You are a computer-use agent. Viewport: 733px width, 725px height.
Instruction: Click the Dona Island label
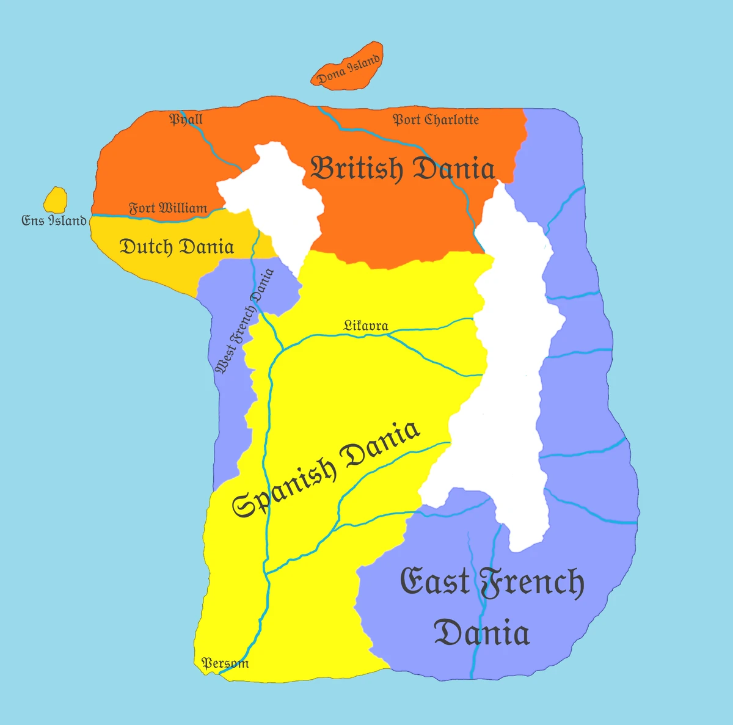(349, 69)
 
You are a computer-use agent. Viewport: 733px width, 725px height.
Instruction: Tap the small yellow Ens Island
(56, 199)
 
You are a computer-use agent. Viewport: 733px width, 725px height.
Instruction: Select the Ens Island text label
(54, 220)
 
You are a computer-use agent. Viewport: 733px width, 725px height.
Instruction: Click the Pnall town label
(186, 119)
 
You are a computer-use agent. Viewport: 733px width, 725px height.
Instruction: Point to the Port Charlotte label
(436, 120)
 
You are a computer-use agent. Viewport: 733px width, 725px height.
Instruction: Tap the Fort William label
(167, 208)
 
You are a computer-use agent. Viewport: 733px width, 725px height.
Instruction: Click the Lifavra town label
(365, 326)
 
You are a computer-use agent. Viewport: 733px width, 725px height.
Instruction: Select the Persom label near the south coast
(225, 663)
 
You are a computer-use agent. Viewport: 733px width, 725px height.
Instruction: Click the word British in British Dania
(357, 169)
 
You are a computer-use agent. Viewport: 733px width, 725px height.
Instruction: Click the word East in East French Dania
(435, 582)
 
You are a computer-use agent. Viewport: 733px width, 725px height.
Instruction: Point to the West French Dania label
(244, 321)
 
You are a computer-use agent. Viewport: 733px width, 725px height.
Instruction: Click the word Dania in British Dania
(453, 169)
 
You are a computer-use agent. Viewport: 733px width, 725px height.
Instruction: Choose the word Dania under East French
(481, 633)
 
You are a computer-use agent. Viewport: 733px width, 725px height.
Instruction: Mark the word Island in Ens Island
(67, 220)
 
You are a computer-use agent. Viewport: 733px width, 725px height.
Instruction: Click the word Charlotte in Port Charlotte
(451, 120)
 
